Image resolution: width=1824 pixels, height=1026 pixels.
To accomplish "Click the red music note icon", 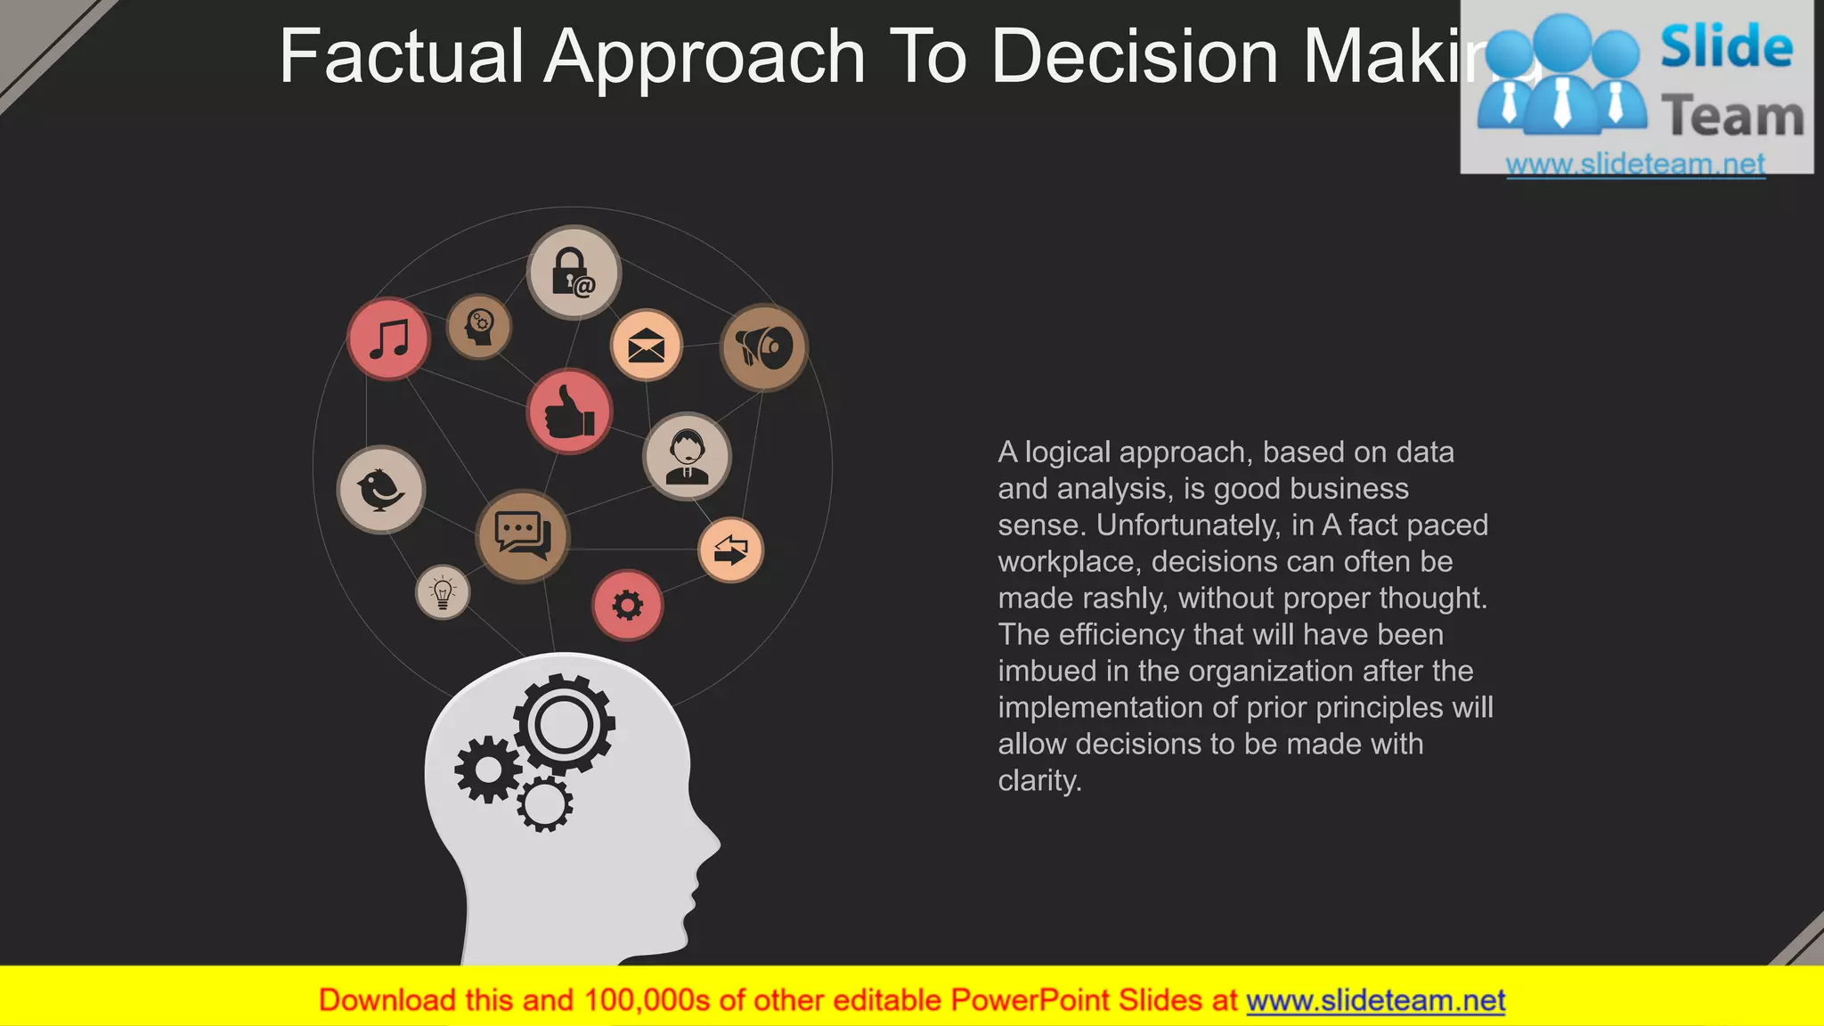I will click(x=388, y=339).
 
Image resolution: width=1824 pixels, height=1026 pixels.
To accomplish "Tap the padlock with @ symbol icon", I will click(x=574, y=273).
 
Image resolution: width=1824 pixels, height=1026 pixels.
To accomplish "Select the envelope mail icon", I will click(x=647, y=346).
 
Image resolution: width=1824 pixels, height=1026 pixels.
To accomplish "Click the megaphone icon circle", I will click(x=764, y=347).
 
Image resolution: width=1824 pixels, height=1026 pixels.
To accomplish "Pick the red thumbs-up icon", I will click(x=569, y=411).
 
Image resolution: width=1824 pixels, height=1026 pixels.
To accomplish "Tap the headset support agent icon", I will click(x=687, y=456).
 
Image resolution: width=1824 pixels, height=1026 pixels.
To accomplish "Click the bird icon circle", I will click(x=381, y=490).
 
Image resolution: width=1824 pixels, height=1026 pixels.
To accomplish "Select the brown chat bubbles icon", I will click(x=523, y=535).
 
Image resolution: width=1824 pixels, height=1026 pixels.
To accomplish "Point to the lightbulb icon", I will click(x=443, y=592).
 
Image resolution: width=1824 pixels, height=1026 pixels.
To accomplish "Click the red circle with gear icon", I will click(x=628, y=606).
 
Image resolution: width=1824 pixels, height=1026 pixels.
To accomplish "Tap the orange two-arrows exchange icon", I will click(x=730, y=550).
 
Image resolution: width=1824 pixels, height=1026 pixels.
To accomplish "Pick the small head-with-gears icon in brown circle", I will click(x=479, y=327).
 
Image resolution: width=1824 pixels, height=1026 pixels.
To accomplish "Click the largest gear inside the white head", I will click(x=563, y=724).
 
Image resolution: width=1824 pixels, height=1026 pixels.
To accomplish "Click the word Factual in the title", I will click(x=401, y=57).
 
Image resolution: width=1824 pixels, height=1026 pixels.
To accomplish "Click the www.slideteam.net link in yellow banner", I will click(x=1375, y=1001).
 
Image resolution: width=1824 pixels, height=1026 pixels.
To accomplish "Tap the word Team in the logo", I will click(x=1731, y=117).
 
